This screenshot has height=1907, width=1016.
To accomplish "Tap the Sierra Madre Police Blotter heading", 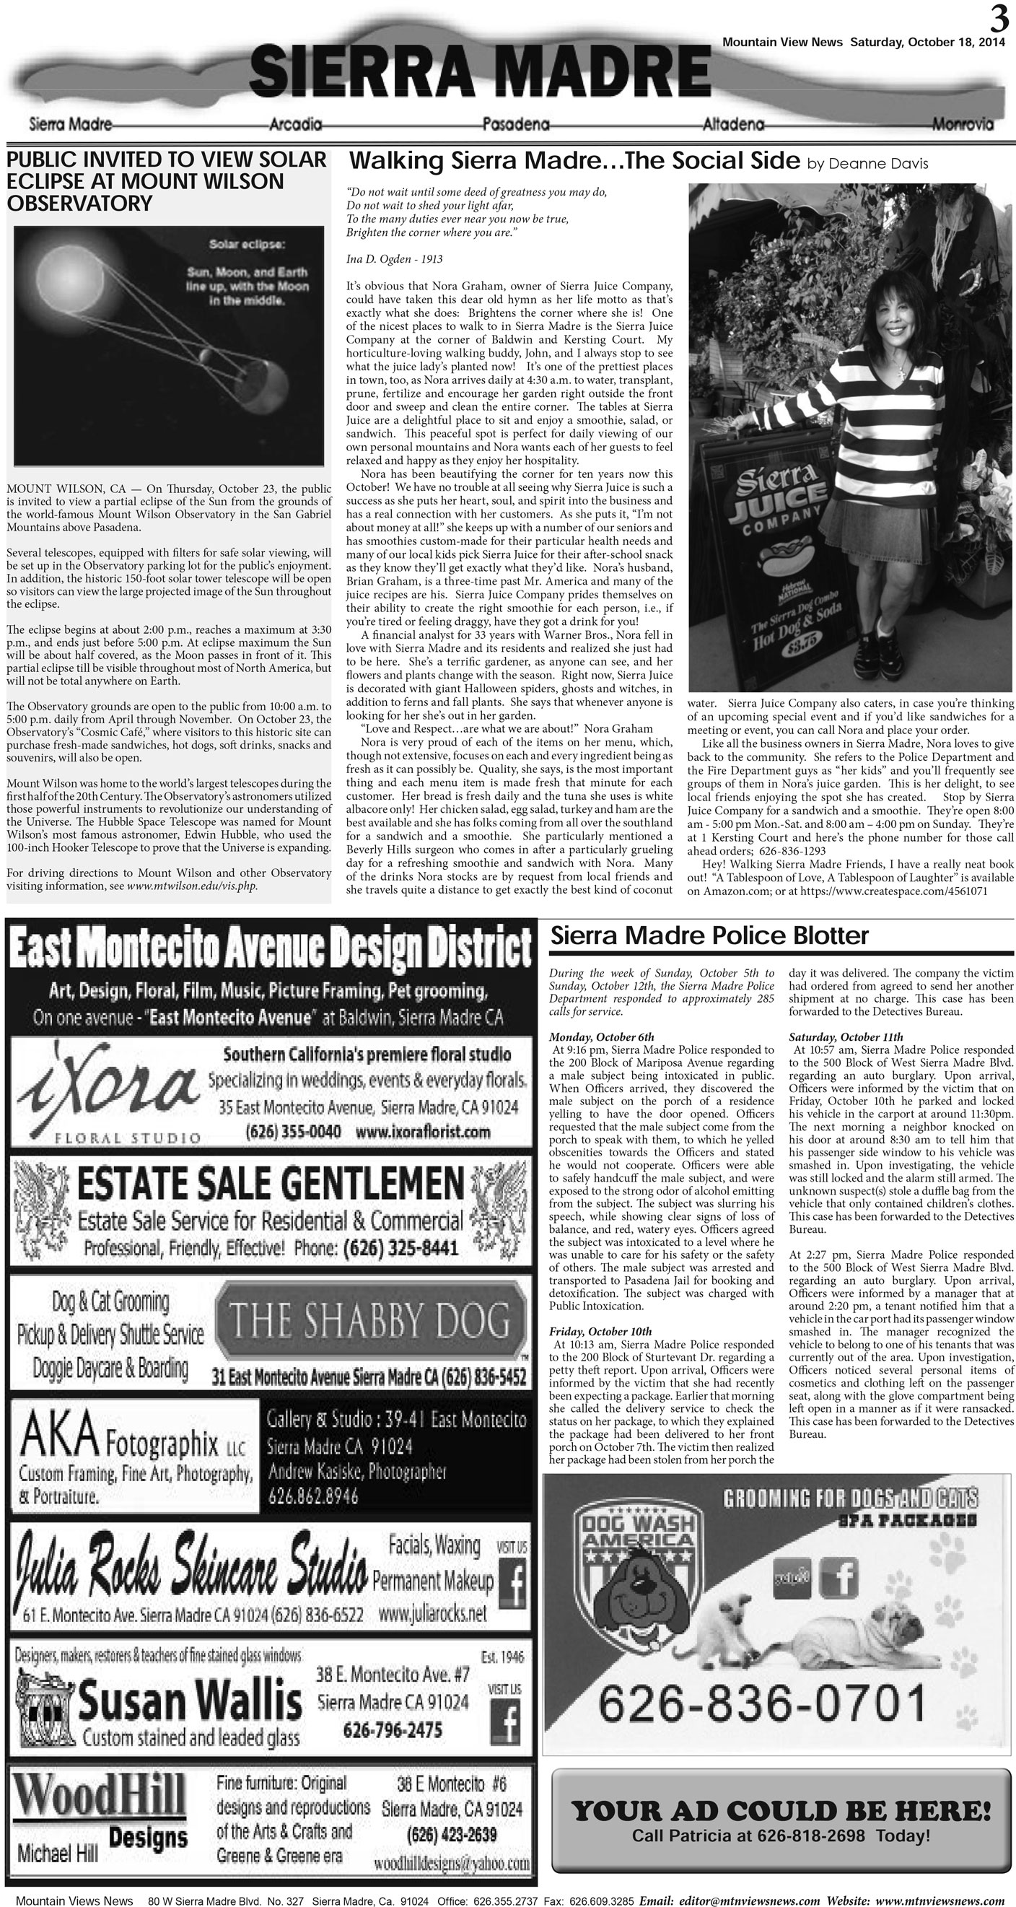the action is point(709,935).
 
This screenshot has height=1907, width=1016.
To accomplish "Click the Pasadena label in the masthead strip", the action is point(515,124).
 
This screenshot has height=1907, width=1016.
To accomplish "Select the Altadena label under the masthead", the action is point(733,124).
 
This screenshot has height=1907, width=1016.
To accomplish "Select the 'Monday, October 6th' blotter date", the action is point(602,1037).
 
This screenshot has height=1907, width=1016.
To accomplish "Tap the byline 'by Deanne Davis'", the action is point(867,164).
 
